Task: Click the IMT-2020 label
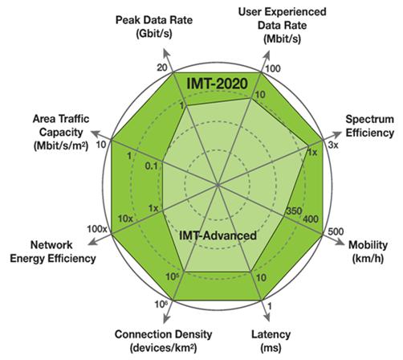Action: pyautogui.click(x=217, y=84)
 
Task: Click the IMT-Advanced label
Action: pyautogui.click(x=218, y=235)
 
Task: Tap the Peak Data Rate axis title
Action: pyautogui.click(x=154, y=27)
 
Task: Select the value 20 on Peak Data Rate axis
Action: pyautogui.click(x=162, y=67)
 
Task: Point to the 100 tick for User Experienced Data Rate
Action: pyautogui.click(x=273, y=68)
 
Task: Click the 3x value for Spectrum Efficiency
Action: pyautogui.click(x=333, y=145)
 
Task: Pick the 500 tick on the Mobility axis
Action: pyautogui.click(x=336, y=231)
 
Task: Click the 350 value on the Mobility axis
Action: pyautogui.click(x=294, y=211)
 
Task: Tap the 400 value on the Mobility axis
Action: pyautogui.click(x=311, y=219)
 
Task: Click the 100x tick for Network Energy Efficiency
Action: pyautogui.click(x=97, y=229)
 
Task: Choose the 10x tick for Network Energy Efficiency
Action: pyautogui.click(x=125, y=219)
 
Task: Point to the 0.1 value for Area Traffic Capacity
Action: pyautogui.click(x=152, y=166)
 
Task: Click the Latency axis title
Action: pyautogui.click(x=271, y=342)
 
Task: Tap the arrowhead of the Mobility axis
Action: pyautogui.click(x=340, y=241)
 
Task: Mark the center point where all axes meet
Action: pyautogui.click(x=218, y=185)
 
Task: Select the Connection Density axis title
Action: pyautogui.click(x=163, y=342)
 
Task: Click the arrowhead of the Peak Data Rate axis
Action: pyautogui.click(x=167, y=53)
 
